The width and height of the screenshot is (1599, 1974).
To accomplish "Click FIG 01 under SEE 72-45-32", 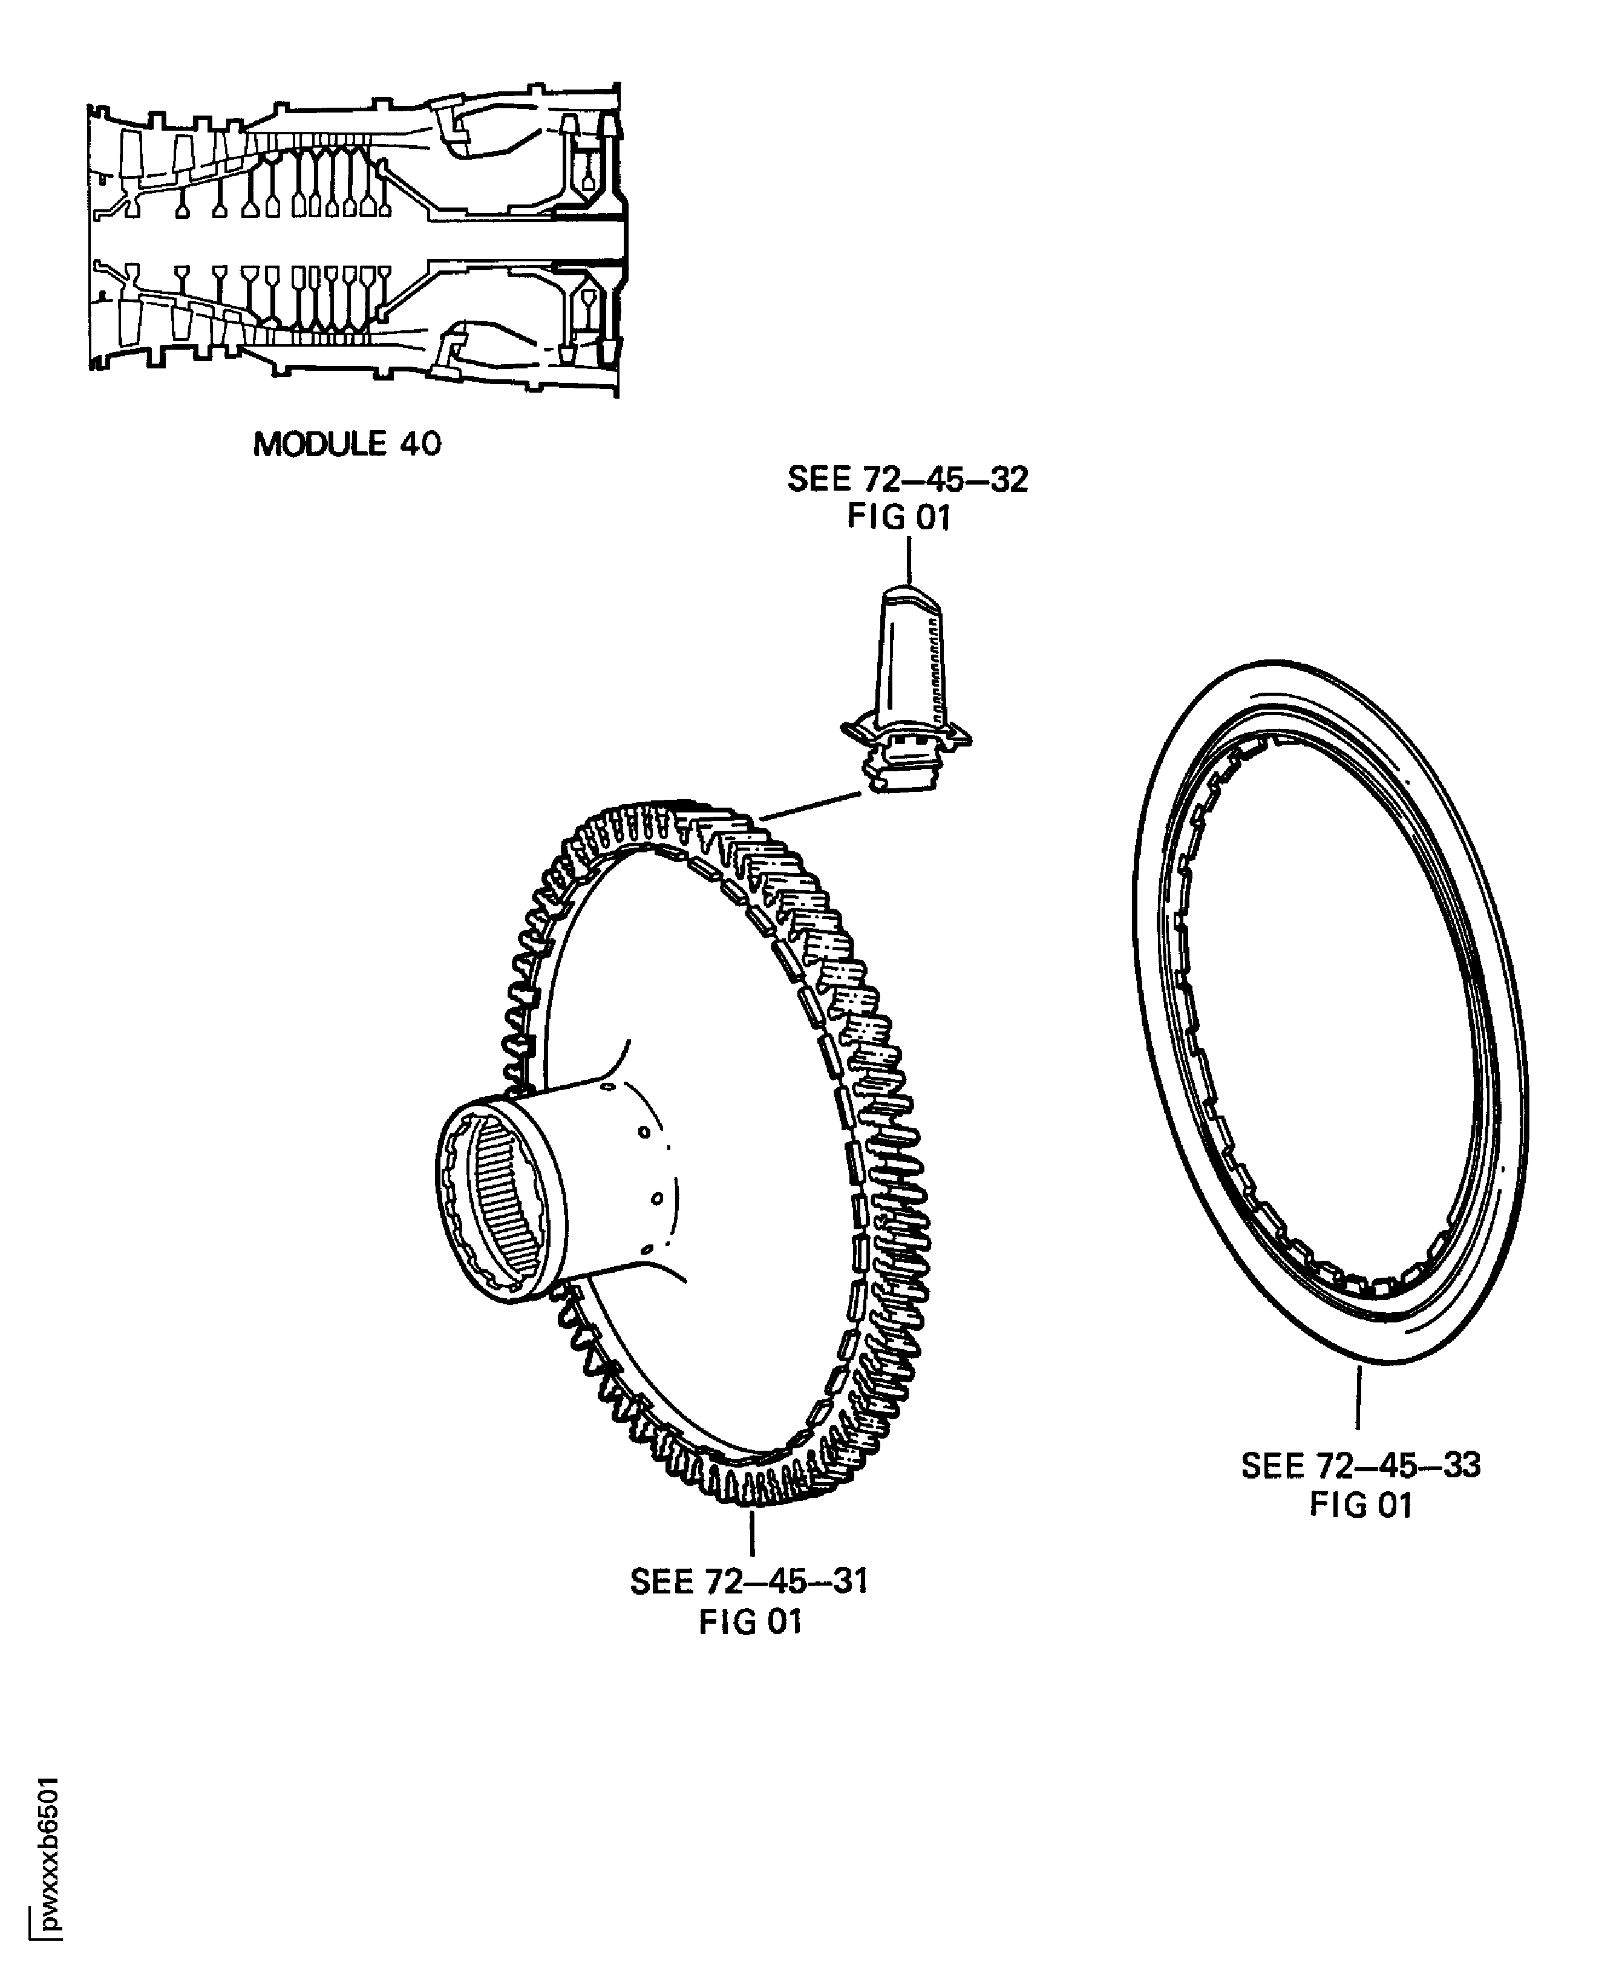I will (x=898, y=518).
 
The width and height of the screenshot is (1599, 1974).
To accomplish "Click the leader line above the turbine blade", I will (x=909, y=559).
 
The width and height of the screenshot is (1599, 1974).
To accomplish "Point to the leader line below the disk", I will (x=753, y=1532).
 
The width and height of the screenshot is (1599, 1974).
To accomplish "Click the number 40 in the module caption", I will (x=420, y=444).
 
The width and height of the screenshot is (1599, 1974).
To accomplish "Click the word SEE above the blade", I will (x=818, y=480).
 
